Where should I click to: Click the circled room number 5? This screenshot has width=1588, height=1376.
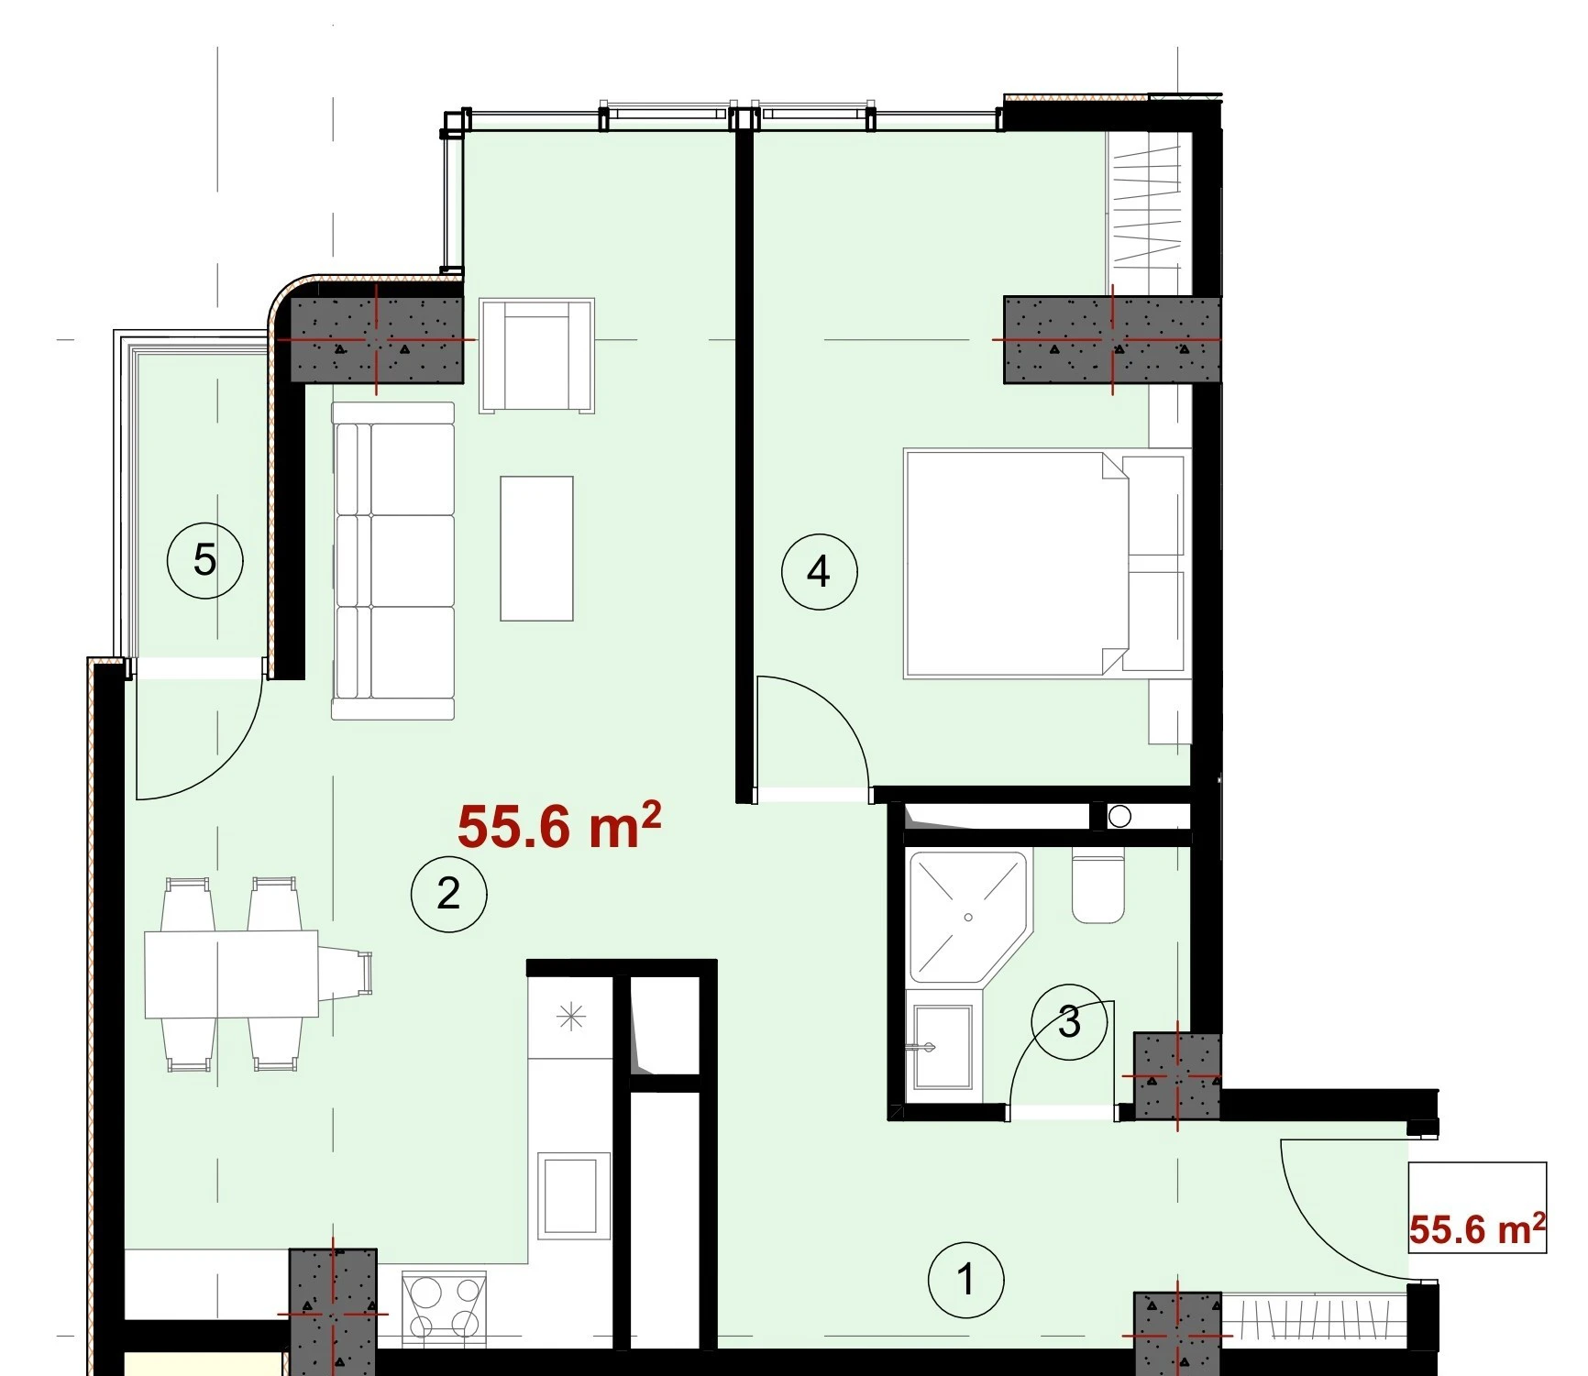coord(204,560)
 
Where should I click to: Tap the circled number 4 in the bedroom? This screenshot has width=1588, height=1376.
coord(819,572)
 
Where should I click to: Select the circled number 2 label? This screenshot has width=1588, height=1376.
coord(448,893)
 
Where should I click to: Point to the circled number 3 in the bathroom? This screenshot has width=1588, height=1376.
coord(1069,1021)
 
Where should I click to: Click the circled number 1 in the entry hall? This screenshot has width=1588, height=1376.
coord(965,1279)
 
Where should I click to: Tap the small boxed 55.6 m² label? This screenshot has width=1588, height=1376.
coord(1477,1228)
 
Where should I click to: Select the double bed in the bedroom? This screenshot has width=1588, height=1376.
coord(1046,563)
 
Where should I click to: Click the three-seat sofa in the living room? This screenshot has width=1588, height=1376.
coord(393,560)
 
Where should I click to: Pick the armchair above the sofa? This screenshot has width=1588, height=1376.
coord(536,355)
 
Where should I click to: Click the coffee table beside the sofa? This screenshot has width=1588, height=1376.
coord(536,548)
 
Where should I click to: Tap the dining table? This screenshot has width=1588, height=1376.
coord(231,974)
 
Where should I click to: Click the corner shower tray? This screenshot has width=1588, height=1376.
coord(968,917)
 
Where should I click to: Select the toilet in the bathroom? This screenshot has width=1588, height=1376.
coord(1097,887)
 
